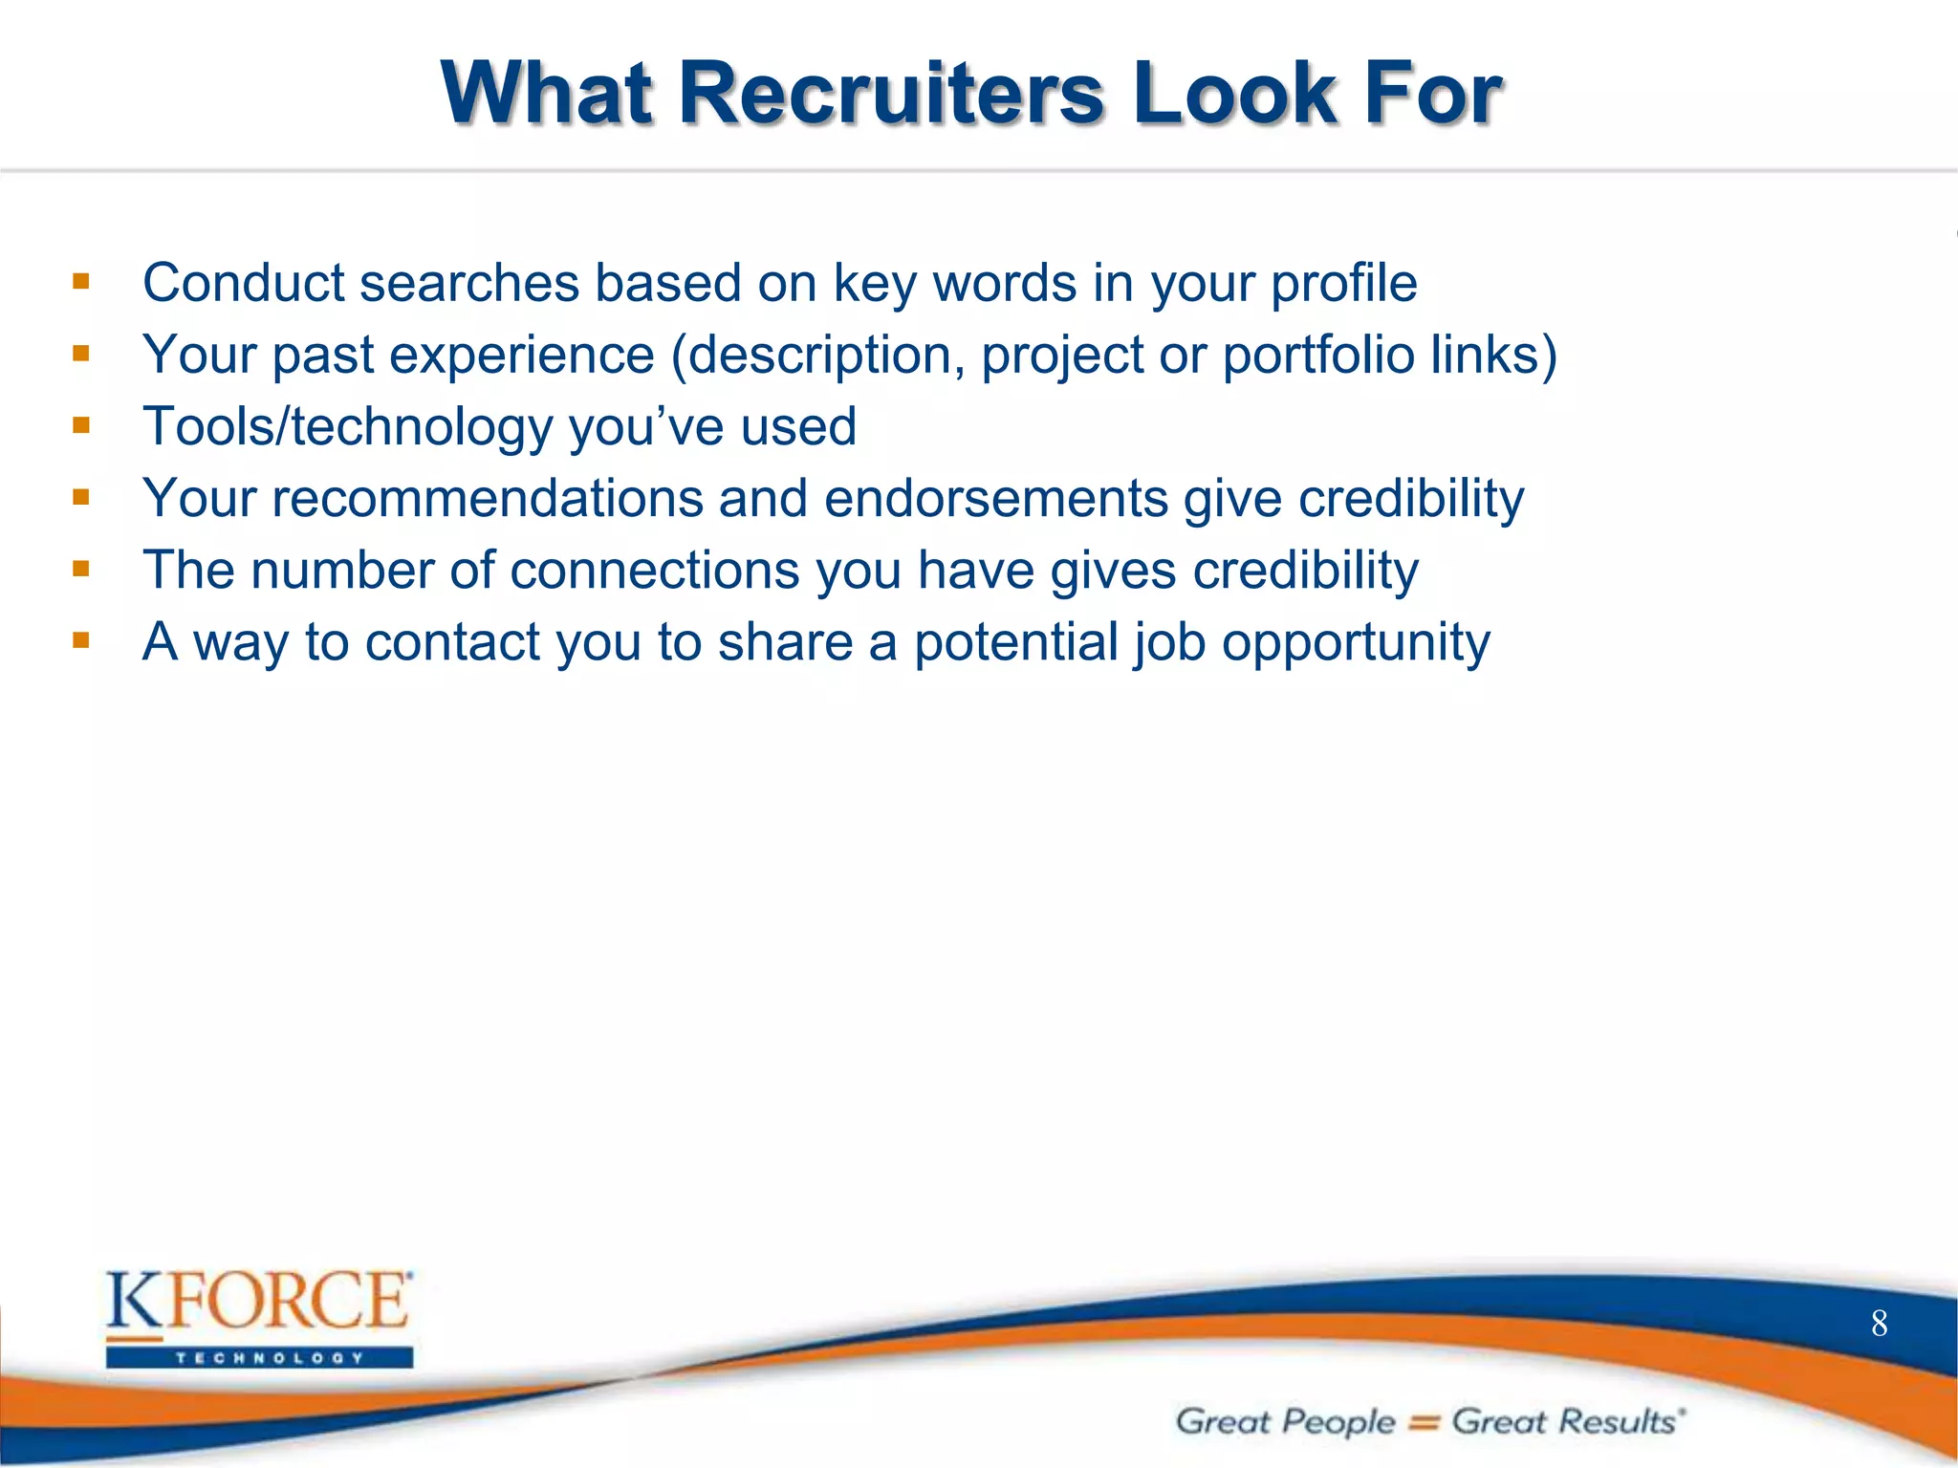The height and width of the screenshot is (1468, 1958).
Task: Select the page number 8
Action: pos(1879,1324)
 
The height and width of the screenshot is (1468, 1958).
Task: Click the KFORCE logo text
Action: pos(258,1302)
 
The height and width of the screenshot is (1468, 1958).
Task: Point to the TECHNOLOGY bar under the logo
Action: pos(259,1358)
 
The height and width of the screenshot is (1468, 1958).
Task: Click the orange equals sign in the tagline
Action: pos(1424,1423)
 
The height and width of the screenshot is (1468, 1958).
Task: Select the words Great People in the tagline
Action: pos(1285,1422)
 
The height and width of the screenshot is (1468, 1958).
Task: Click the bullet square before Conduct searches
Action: pos(81,282)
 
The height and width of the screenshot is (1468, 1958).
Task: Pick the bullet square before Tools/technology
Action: pos(81,425)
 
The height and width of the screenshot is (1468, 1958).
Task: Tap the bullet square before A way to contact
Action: pos(81,640)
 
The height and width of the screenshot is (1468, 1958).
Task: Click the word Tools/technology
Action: pos(347,427)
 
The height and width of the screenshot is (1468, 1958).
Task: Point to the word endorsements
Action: pos(995,499)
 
